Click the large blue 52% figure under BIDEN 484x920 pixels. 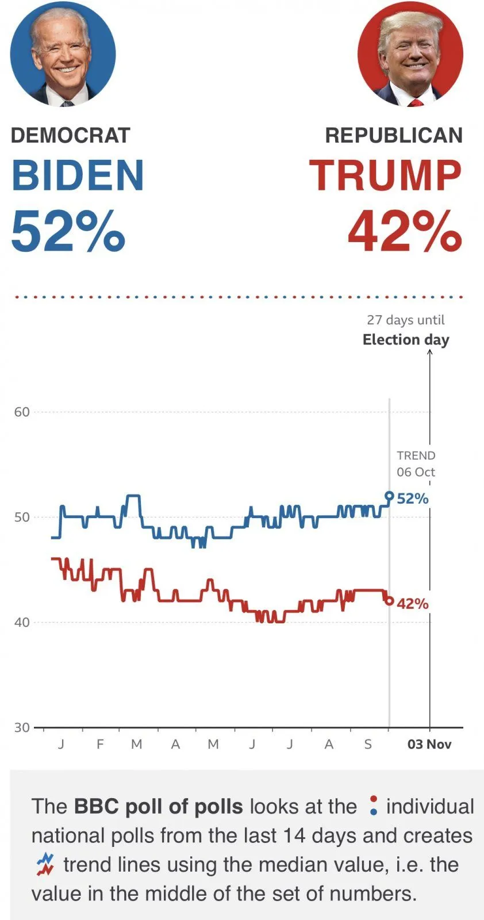[68, 231]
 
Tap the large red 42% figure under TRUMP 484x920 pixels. [405, 231]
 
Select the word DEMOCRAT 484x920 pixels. [70, 136]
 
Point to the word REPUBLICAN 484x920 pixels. [394, 136]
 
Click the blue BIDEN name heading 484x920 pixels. [78, 175]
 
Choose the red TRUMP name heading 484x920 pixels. [386, 175]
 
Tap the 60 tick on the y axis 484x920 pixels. [22, 412]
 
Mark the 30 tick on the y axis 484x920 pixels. [22, 727]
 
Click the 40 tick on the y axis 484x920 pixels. [22, 622]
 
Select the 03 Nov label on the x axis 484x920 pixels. [429, 745]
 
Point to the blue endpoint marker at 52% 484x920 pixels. [389, 496]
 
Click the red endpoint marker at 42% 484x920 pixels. [389, 601]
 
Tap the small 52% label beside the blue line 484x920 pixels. [413, 499]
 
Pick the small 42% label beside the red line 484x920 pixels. [413, 604]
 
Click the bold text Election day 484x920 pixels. [406, 340]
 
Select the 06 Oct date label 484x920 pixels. [416, 472]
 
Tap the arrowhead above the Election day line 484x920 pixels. [429, 352]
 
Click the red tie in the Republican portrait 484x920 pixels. [416, 103]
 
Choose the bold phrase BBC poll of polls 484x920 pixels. [158, 807]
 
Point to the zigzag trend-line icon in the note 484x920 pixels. [45, 864]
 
